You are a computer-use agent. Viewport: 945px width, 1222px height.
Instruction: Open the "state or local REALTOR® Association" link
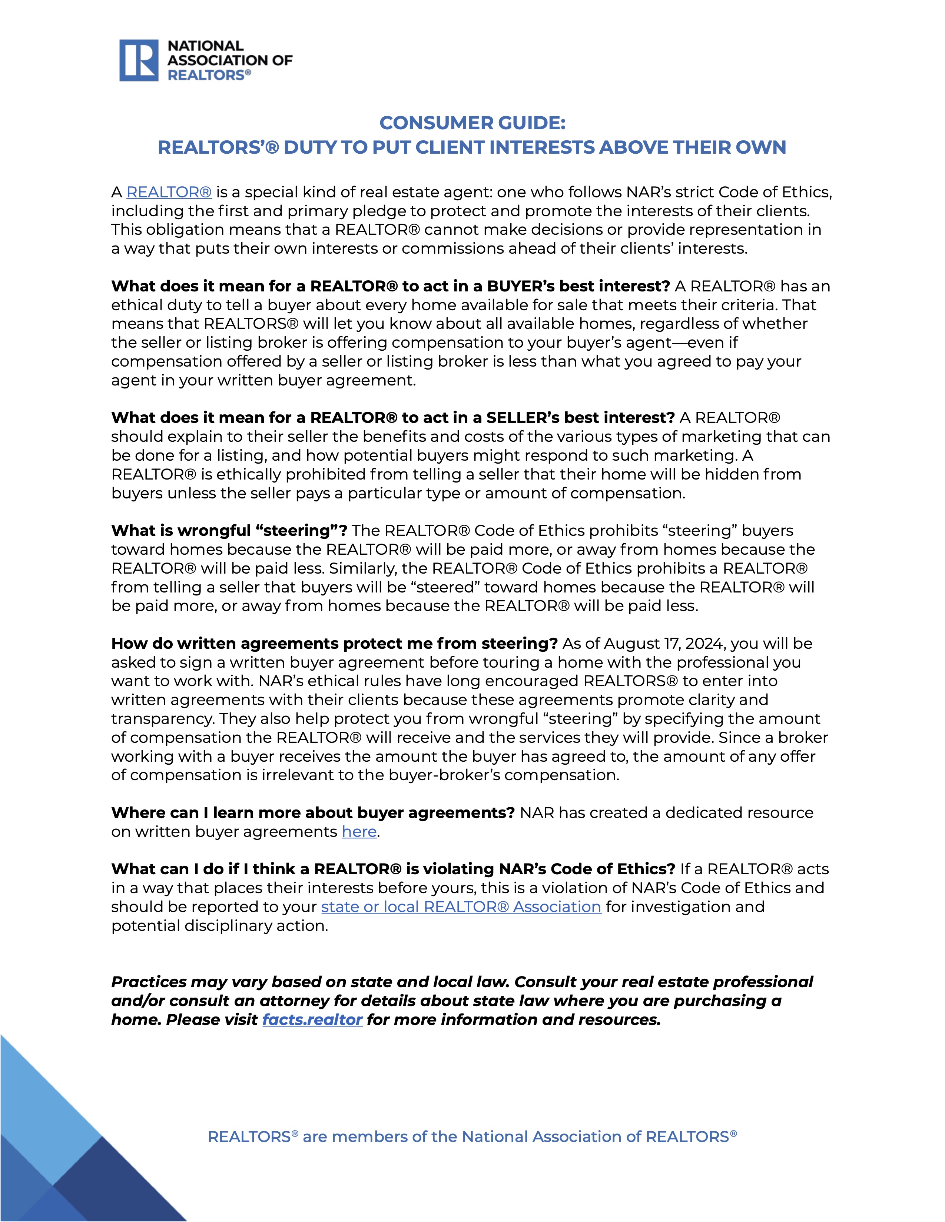coord(461,907)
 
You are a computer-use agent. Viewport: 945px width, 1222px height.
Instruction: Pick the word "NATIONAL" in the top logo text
coord(205,46)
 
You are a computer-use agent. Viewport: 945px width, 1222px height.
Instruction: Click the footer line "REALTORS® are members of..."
coord(472,1137)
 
